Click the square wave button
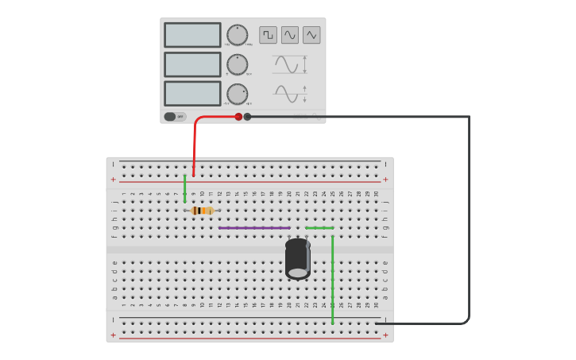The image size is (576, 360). coord(268,35)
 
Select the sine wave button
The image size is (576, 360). coord(290,35)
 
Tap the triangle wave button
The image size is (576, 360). coord(311,35)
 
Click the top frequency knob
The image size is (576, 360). coord(237,35)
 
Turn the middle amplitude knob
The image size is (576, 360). coord(237,64)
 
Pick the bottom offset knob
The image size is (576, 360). coord(237,94)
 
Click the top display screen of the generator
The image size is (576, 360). coord(192,35)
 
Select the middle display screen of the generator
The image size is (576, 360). coord(192,64)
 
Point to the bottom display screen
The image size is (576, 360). coord(192,94)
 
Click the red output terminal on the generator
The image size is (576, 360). coord(238,117)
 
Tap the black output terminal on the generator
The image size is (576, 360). coord(247,117)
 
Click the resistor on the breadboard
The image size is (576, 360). coord(203,211)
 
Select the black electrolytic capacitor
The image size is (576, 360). coord(297,258)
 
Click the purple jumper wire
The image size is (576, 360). coord(254,228)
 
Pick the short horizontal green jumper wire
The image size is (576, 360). coord(319,228)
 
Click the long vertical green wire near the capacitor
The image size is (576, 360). coord(332,278)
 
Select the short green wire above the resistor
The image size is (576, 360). coord(185,189)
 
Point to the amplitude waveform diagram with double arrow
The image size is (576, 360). coord(289,64)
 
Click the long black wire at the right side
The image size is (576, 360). coord(469,223)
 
